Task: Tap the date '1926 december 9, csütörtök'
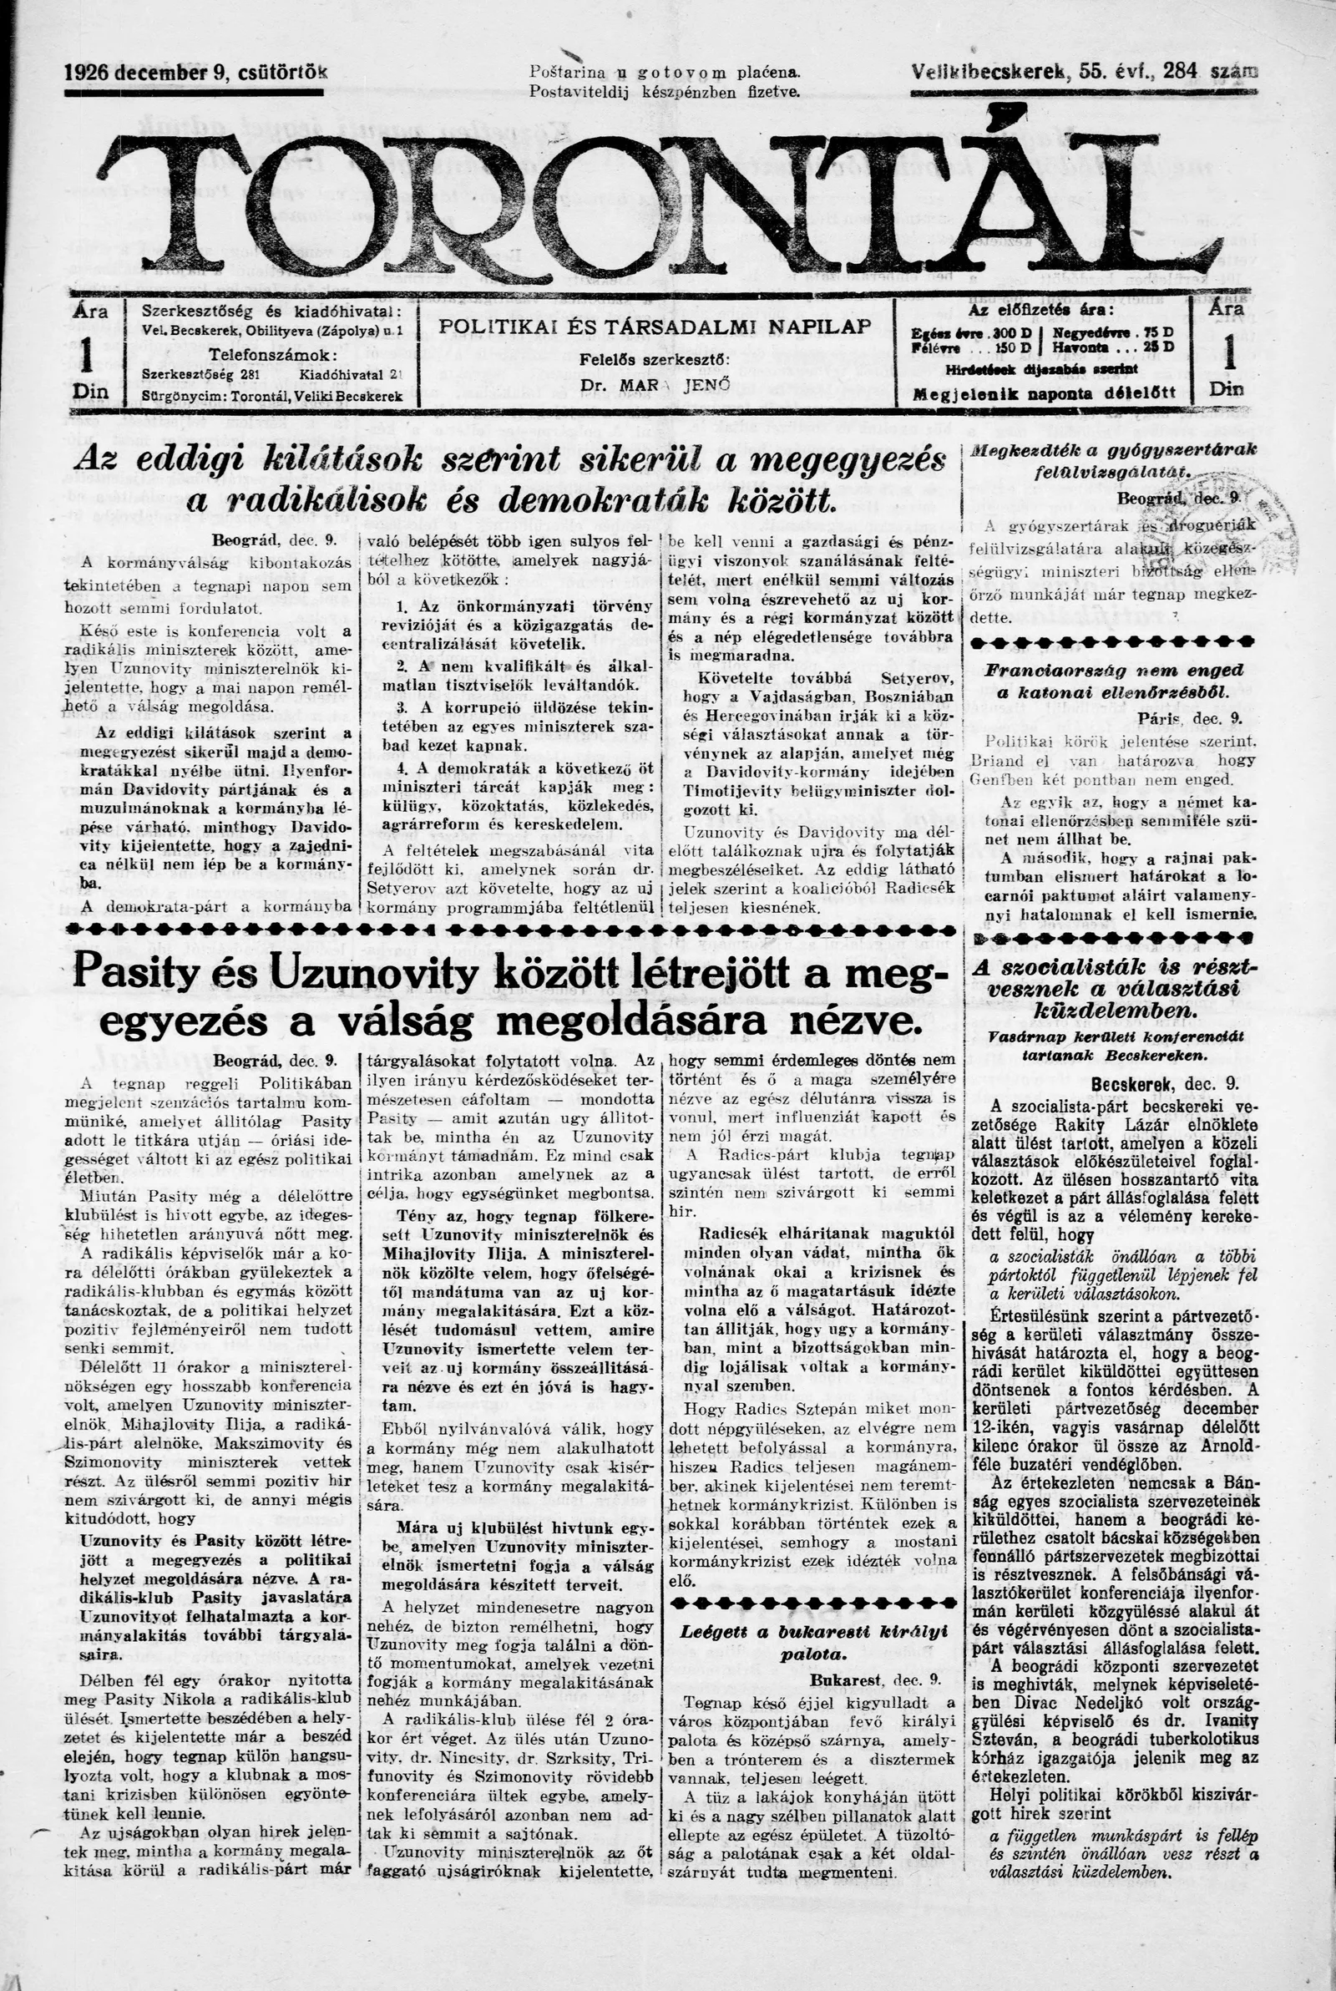[x=196, y=73]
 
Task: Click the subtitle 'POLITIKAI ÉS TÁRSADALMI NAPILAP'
[x=655, y=327]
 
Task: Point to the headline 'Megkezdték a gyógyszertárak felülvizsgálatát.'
[x=1115, y=459]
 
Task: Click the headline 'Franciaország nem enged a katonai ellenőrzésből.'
[x=1115, y=681]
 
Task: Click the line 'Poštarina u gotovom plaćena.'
[x=665, y=73]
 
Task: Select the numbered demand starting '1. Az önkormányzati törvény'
[x=518, y=616]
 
